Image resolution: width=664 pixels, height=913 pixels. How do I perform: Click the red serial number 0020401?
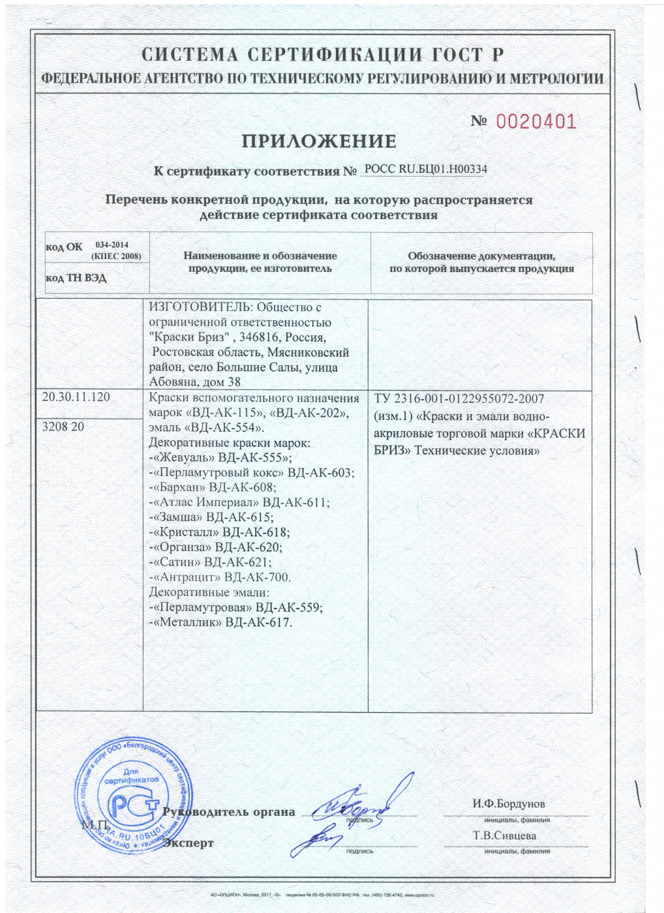click(536, 122)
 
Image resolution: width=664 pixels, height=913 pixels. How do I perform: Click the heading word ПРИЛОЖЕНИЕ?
click(319, 141)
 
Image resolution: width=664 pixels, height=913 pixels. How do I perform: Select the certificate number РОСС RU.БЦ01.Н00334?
click(425, 169)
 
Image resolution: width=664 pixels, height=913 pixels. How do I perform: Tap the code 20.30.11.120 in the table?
click(76, 397)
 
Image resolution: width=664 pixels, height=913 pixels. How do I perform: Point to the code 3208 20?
click(63, 427)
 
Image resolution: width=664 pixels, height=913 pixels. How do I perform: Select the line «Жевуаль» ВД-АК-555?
click(221, 458)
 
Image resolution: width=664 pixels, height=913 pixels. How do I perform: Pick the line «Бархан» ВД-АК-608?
click(213, 488)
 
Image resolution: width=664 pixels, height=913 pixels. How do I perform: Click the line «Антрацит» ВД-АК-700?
click(220, 577)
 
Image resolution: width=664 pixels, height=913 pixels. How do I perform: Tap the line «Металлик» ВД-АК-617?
click(220, 622)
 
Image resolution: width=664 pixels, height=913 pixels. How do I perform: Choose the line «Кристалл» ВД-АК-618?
click(220, 532)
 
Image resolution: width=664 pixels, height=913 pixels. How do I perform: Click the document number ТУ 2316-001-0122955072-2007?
click(459, 398)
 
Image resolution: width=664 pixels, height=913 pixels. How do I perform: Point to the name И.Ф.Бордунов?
click(509, 803)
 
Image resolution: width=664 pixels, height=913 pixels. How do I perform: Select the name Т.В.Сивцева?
click(504, 835)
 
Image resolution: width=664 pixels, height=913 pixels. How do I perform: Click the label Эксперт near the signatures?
click(189, 843)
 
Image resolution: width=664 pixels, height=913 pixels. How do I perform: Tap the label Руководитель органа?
click(228, 812)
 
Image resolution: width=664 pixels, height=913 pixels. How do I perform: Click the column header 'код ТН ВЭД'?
click(76, 278)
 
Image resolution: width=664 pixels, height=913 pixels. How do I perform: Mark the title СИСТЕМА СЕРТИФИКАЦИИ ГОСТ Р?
click(322, 55)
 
